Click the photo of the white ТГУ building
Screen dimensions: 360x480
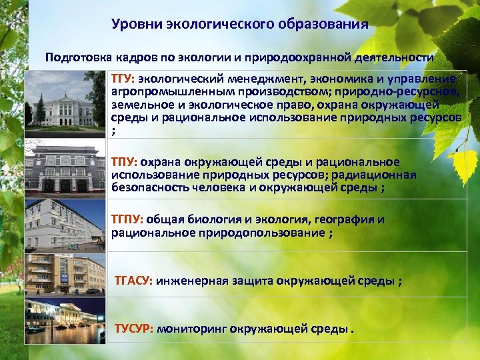pyautogui.click(x=65, y=103)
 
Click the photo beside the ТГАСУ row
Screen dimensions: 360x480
pyautogui.click(x=65, y=274)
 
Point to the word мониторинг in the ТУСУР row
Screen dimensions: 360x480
pyautogui.click(x=192, y=328)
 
